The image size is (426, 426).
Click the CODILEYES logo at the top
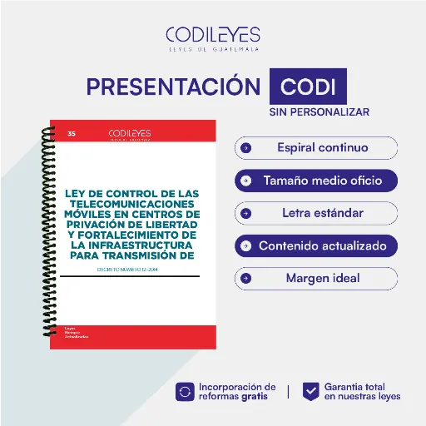click(212, 37)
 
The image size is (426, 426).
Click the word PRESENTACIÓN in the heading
click(173, 87)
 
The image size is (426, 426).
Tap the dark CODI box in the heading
click(308, 87)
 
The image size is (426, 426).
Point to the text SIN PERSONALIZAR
click(319, 111)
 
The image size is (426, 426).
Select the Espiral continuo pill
click(316, 148)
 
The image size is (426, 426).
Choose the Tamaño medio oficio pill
click(316, 181)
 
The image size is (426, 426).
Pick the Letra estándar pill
click(316, 213)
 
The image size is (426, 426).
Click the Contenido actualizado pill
click(316, 245)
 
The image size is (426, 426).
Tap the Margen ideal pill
click(316, 278)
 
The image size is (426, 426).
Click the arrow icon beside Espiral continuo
click(246, 148)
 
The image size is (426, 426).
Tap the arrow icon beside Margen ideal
click(246, 278)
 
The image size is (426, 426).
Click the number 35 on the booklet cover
click(72, 133)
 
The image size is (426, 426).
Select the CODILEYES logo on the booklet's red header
click(131, 133)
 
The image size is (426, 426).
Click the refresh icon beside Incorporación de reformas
click(184, 391)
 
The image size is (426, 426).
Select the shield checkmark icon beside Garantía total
click(310, 391)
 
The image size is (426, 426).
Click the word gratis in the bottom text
click(255, 397)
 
